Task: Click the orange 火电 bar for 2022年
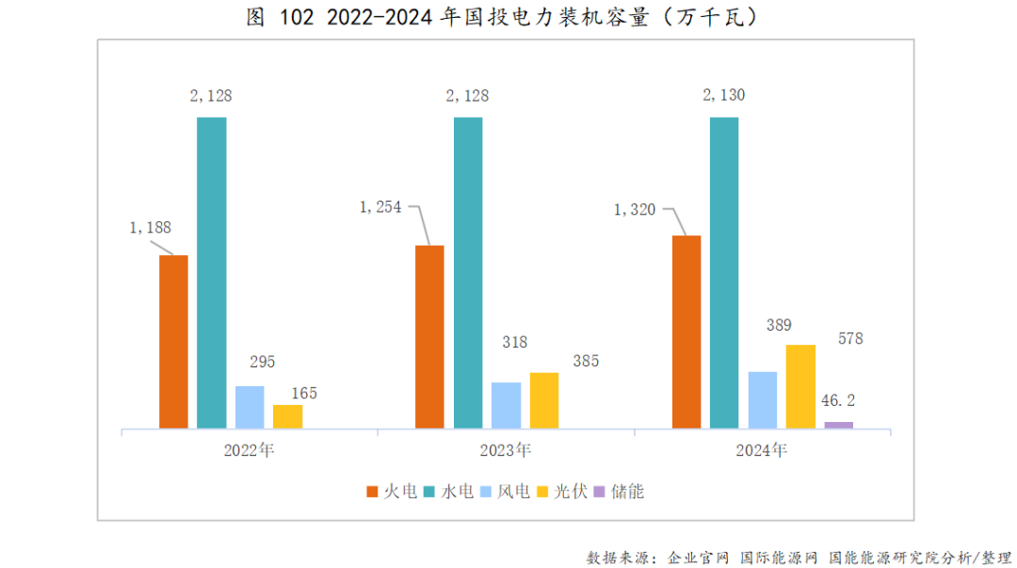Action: (173, 342)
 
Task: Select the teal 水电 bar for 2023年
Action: (468, 273)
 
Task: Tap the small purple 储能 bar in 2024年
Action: (838, 425)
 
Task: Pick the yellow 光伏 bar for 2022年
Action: (288, 416)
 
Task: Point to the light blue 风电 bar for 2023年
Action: (506, 405)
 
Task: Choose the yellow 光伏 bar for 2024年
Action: (800, 386)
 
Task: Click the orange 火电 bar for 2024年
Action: (686, 332)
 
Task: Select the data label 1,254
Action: (379, 207)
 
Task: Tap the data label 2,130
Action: (724, 95)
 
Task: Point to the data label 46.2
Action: (837, 400)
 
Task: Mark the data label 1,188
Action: (150, 227)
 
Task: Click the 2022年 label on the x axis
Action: (250, 450)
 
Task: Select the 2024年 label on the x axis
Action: (762, 450)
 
